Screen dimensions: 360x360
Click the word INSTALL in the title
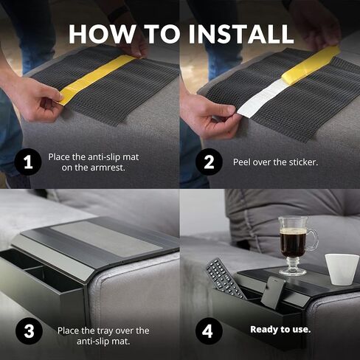(x=240, y=34)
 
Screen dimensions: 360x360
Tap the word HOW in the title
(x=102, y=34)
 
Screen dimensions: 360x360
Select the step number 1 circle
(x=28, y=162)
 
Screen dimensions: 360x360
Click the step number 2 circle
(x=209, y=162)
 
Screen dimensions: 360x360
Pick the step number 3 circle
(x=29, y=331)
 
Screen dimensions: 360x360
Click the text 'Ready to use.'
(x=280, y=330)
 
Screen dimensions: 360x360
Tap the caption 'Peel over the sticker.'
(x=275, y=162)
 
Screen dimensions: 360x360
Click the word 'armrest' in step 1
(x=108, y=167)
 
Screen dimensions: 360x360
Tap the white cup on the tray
(x=342, y=269)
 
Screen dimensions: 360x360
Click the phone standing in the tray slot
(x=272, y=292)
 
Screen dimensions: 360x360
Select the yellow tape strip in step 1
(x=97, y=79)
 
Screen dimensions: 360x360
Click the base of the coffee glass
(x=293, y=271)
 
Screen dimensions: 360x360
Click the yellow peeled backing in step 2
(x=311, y=64)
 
